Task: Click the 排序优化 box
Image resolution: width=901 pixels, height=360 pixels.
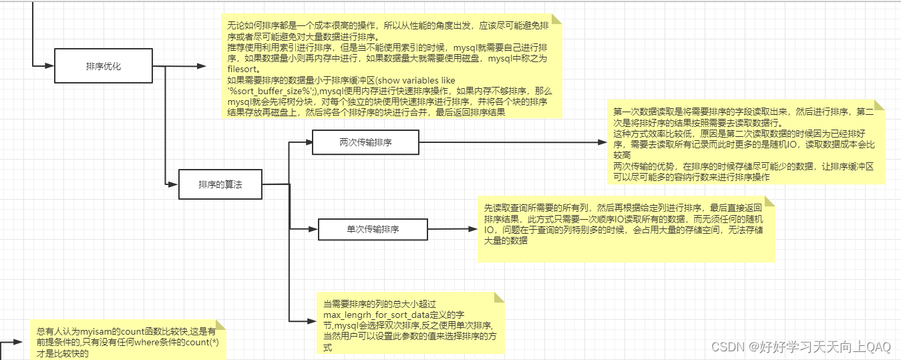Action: [x=104, y=66]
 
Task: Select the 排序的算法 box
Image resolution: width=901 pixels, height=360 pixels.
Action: [x=220, y=184]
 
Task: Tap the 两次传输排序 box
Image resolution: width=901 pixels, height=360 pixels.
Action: [x=365, y=142]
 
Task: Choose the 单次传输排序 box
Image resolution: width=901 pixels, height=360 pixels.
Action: [x=372, y=229]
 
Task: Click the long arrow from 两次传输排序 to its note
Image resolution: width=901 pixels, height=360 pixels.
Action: [x=508, y=142]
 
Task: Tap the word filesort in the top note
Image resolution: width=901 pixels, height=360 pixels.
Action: [x=242, y=68]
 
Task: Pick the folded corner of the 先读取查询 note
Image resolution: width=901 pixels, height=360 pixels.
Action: [x=770, y=201]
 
